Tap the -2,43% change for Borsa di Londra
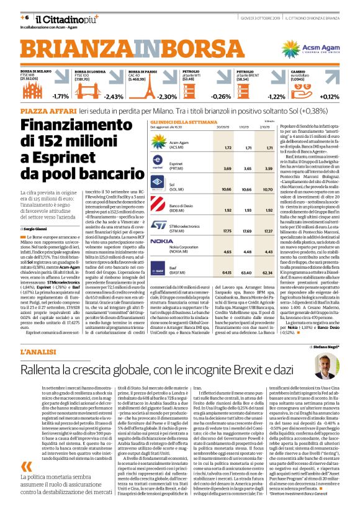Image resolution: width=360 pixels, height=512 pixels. click(114, 96)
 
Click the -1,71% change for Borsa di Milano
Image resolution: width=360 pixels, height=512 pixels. click(60, 96)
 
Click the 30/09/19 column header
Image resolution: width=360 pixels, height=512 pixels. click(227, 126)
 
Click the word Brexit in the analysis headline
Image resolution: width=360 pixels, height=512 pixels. click(248, 369)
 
